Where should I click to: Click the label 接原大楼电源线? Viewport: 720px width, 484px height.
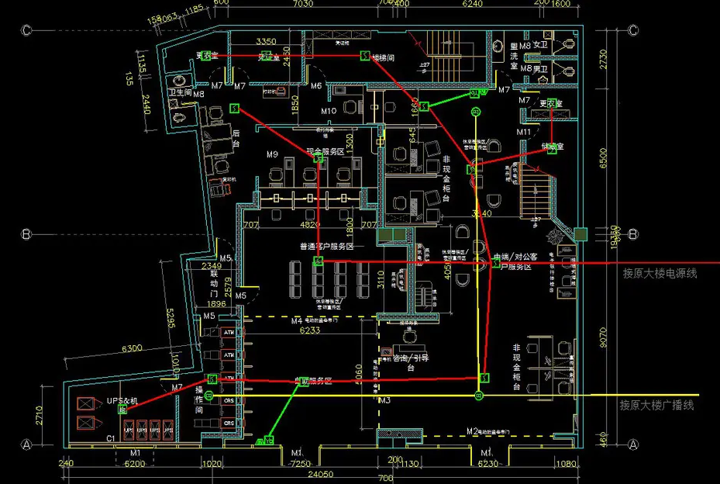click(x=660, y=273)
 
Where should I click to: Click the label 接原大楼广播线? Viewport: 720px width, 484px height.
click(x=656, y=405)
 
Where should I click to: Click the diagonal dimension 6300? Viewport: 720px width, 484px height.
click(x=132, y=349)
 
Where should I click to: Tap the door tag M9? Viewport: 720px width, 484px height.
click(x=272, y=154)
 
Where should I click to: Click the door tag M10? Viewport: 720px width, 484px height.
click(x=329, y=111)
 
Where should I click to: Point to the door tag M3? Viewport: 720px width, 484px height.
click(x=384, y=400)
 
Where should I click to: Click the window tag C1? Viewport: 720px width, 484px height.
click(x=110, y=439)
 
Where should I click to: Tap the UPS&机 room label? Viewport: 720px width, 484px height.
click(x=122, y=400)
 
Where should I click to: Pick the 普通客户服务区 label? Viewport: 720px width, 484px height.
click(x=326, y=247)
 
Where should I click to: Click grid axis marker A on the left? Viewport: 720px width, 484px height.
click(x=26, y=444)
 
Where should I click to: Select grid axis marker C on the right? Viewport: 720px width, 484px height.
click(x=633, y=31)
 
